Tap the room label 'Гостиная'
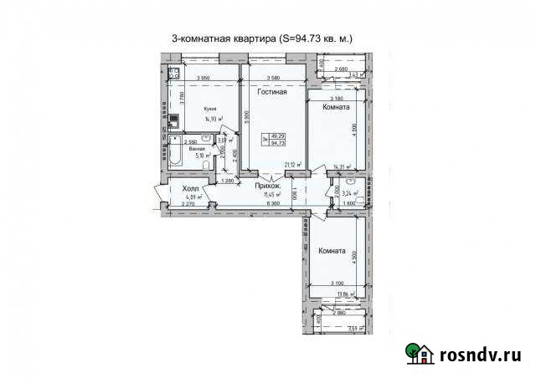pyautogui.click(x=272, y=93)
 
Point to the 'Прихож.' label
pyautogui.click(x=268, y=187)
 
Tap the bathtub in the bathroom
pyautogui.click(x=176, y=156)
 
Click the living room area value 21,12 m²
pyautogui.click(x=292, y=166)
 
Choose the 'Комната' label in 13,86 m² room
pyautogui.click(x=333, y=250)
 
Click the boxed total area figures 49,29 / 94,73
pyautogui.click(x=289, y=140)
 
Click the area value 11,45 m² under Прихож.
pyautogui.click(x=270, y=196)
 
